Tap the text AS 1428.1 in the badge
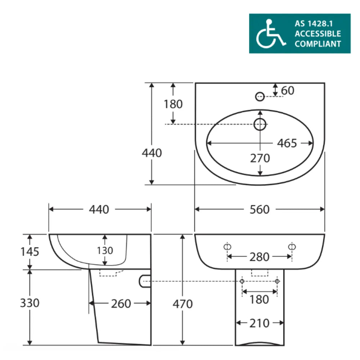point(314,23)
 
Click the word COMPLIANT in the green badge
point(318,44)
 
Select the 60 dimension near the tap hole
point(287,90)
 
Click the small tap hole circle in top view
point(260,96)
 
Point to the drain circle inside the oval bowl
point(260,124)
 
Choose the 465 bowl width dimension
point(287,143)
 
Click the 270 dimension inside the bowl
point(260,158)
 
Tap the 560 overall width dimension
point(260,210)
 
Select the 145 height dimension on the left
point(30,252)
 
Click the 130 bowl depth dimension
point(105,251)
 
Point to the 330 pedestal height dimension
point(30,303)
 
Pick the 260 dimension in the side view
point(121,304)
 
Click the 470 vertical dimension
point(183,304)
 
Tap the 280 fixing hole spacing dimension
point(260,257)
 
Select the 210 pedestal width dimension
point(260,323)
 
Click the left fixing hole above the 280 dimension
point(227,247)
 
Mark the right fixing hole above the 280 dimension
point(292,247)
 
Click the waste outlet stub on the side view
point(145,281)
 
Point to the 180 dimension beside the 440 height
point(173,104)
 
